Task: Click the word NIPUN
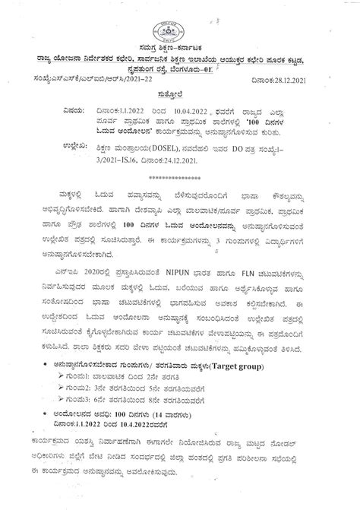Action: tap(196, 271)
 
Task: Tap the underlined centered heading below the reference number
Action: tap(179, 87)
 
